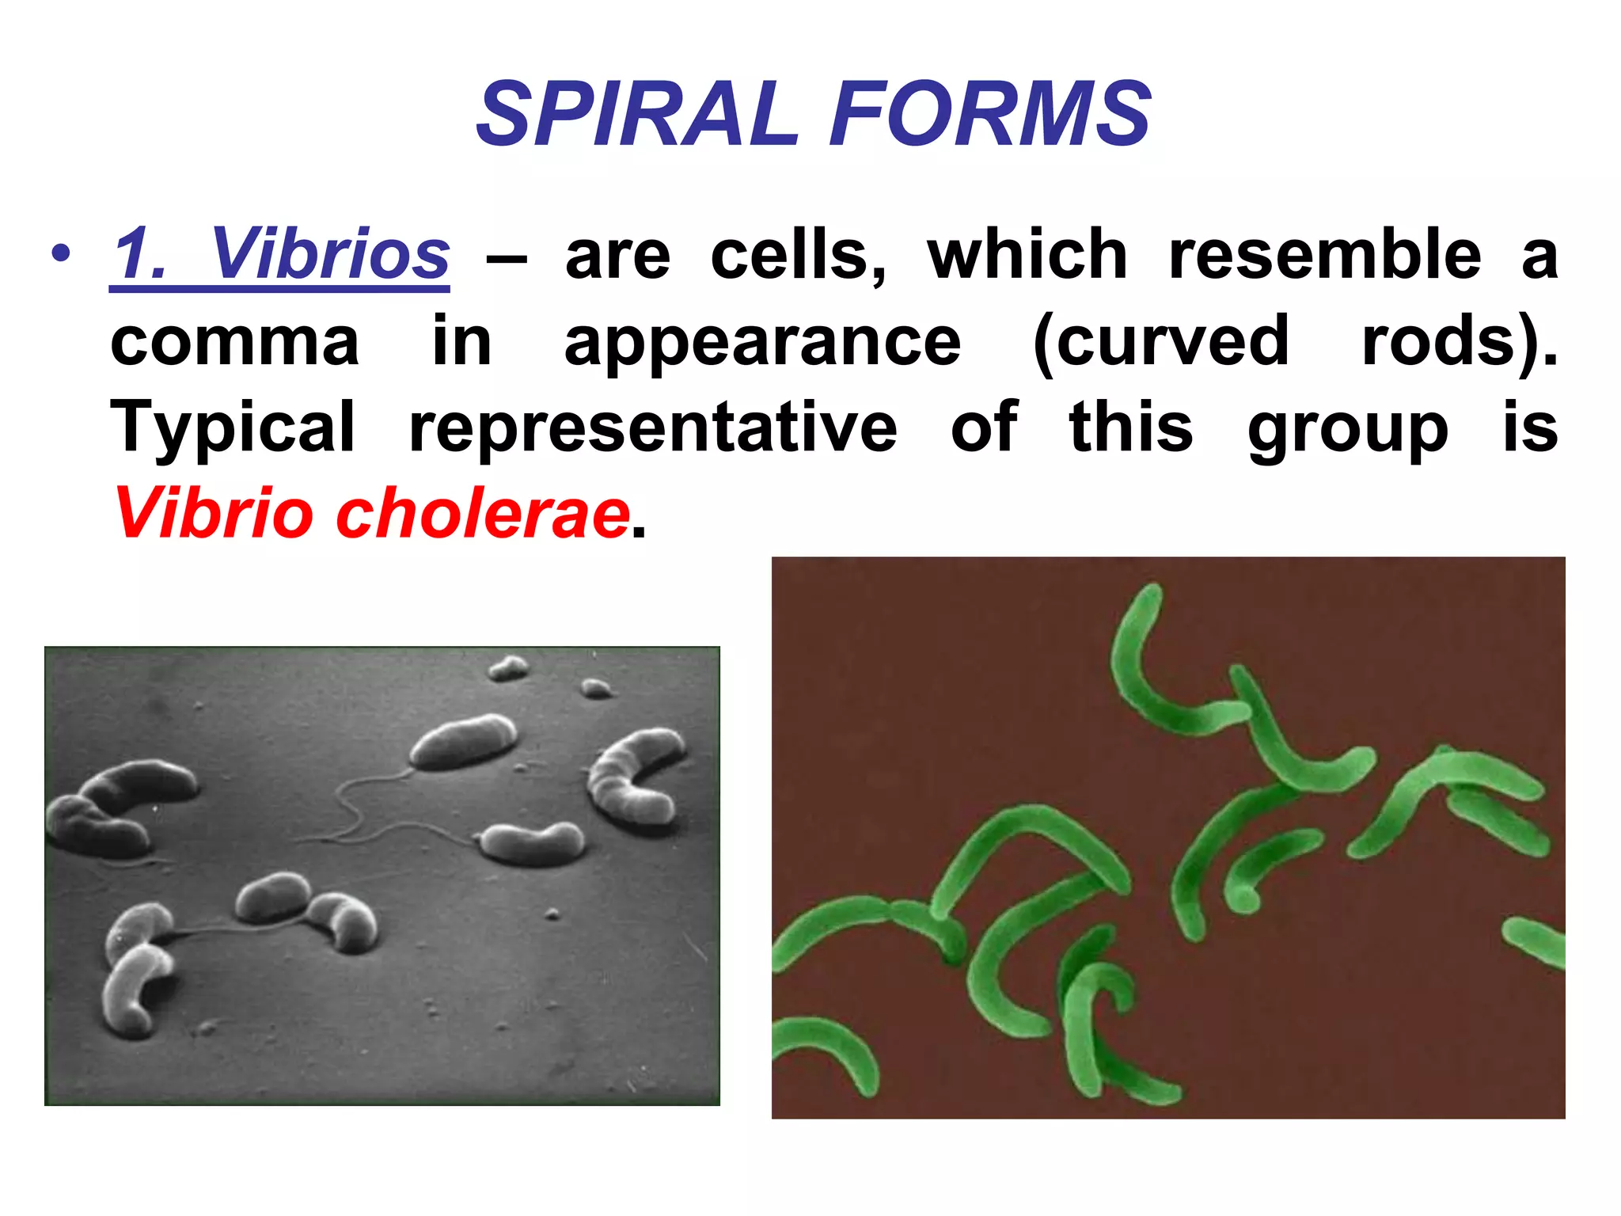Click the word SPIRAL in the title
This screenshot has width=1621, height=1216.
(x=637, y=115)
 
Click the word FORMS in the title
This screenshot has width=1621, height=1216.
(x=989, y=115)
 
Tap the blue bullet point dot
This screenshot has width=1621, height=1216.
(x=61, y=254)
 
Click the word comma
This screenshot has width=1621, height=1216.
(x=234, y=342)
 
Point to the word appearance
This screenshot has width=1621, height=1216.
(x=762, y=342)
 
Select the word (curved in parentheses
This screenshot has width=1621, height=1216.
(x=1161, y=342)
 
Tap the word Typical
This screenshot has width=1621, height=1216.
(x=233, y=428)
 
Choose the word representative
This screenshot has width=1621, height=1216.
(x=653, y=428)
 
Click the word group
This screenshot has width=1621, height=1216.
(x=1347, y=428)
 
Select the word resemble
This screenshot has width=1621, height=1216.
(x=1324, y=255)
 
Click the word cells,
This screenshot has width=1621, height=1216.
(x=798, y=255)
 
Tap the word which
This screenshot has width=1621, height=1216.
(x=1027, y=255)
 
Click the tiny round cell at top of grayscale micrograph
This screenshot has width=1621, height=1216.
(x=508, y=668)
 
